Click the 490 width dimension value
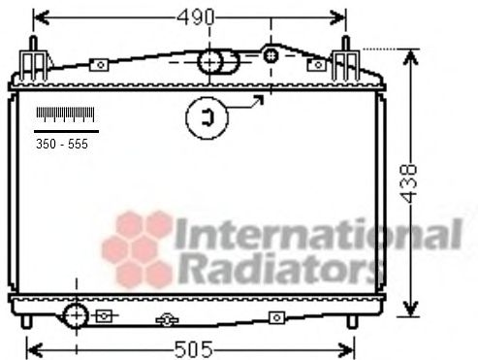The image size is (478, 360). click(x=190, y=16)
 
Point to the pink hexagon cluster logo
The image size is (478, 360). click(x=136, y=248)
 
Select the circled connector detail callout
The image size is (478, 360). click(x=207, y=117)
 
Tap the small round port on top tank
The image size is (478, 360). click(x=271, y=56)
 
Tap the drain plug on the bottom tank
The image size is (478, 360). click(x=167, y=319)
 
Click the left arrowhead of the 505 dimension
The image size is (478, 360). click(x=31, y=346)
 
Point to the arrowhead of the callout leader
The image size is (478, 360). click(x=259, y=99)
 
